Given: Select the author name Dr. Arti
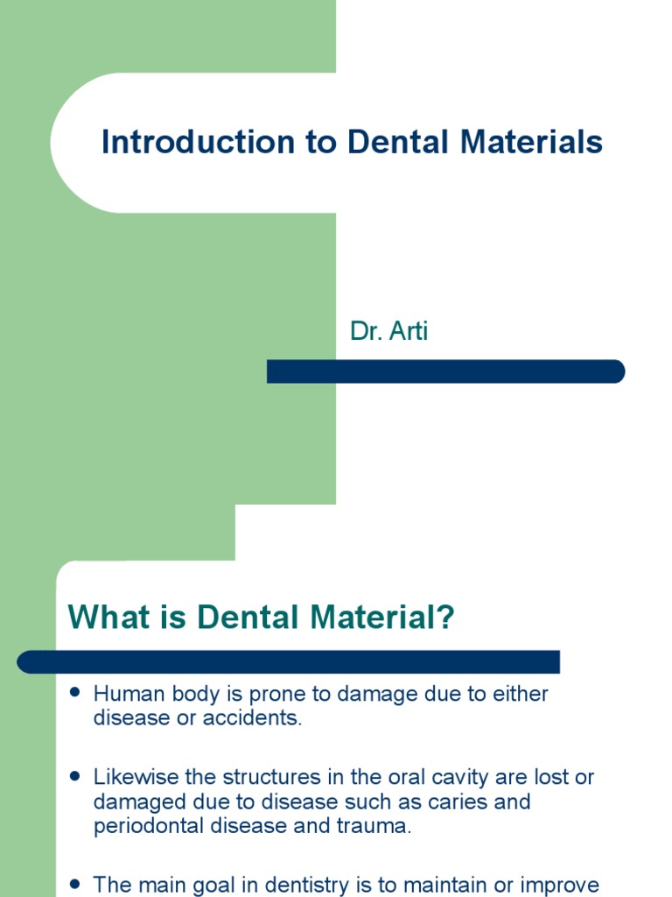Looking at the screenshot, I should click(388, 332).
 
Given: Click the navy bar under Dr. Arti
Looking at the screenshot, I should click(445, 371).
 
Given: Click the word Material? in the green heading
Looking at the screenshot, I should click(388, 618).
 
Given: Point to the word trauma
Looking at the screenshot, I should click(378, 826).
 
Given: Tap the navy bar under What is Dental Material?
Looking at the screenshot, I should click(289, 661).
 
